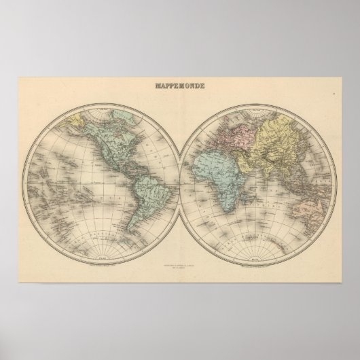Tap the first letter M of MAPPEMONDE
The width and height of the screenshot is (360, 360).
[x=159, y=87]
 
